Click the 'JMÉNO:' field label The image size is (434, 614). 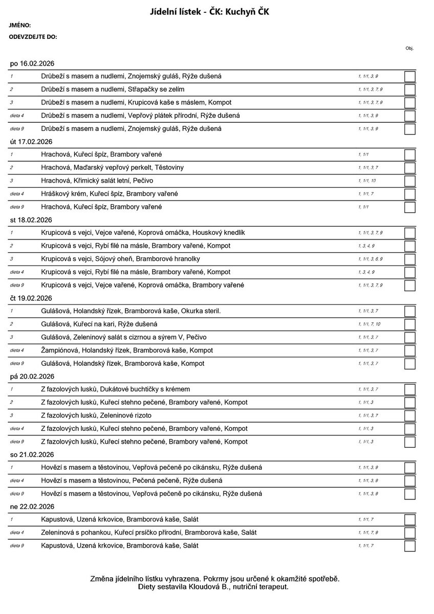pos(20,25)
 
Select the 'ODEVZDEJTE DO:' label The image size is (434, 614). pos(33,37)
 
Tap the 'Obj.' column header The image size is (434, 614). pos(409,48)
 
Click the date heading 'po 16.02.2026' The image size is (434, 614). pos(32,63)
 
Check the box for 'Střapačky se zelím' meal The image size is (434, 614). pos(409,90)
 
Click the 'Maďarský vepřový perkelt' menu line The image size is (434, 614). pos(112,168)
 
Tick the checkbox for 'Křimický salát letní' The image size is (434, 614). pos(409,181)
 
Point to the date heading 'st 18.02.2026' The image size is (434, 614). pos(31,220)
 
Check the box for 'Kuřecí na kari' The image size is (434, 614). pos(409,324)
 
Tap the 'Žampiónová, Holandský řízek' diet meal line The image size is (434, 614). pos(127,350)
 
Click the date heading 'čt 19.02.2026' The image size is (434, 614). pos(31,298)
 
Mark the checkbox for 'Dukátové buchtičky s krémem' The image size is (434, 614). pos(409,389)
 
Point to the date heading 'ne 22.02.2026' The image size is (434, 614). pos(32,507)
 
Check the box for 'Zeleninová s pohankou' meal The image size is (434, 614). pos(409,533)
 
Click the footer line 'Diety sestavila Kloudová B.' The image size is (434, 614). pos(213,587)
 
